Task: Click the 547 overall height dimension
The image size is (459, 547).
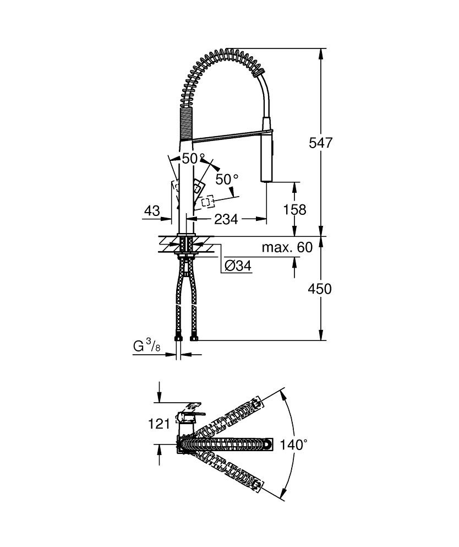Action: pos(320,143)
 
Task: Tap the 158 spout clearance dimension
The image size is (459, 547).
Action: pos(294,210)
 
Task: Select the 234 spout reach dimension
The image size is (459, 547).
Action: pos(226,219)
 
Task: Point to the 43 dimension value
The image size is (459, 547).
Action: pos(152,211)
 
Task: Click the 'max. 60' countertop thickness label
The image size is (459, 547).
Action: pos(287,247)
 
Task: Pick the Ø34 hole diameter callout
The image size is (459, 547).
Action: pos(238,266)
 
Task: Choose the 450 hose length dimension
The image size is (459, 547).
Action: pos(320,289)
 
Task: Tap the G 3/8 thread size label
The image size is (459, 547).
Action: pos(147,346)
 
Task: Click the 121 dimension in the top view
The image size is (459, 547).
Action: pos(159,424)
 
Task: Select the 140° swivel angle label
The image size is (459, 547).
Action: pos(294,445)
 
